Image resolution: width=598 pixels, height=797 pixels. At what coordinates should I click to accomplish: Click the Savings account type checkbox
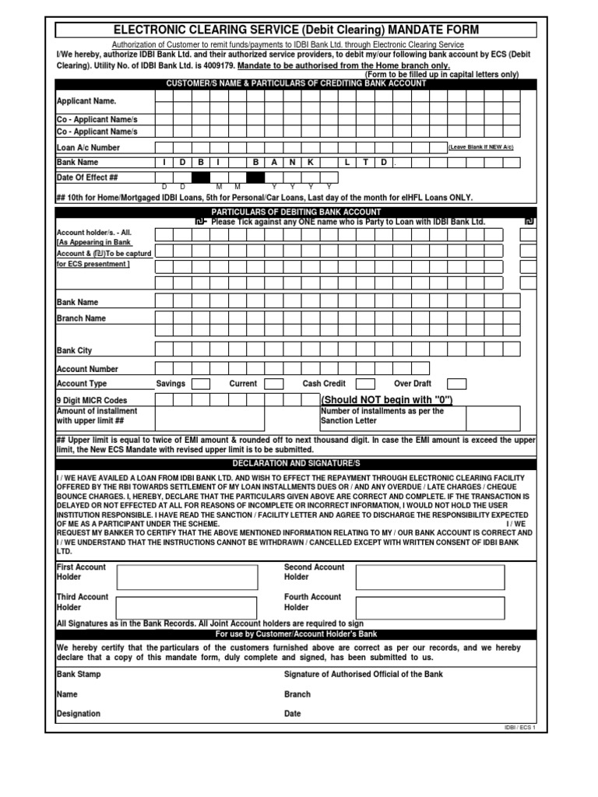201,384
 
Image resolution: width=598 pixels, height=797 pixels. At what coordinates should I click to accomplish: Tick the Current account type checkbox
274,384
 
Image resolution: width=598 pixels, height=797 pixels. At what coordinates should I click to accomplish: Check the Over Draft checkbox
457,384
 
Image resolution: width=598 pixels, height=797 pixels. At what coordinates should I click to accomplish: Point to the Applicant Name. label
86,101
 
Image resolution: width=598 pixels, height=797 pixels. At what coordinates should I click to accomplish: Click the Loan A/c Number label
88,147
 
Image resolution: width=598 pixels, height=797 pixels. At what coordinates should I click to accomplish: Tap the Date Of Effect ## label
86,177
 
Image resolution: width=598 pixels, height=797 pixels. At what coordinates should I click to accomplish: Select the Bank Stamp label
79,674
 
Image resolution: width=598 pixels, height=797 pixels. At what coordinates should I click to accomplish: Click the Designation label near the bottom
79,714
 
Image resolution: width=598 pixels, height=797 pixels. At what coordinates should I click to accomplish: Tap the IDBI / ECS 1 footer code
521,727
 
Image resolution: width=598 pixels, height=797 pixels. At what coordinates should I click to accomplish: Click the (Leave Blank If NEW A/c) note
480,147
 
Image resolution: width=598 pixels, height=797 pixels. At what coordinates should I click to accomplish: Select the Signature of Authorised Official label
364,674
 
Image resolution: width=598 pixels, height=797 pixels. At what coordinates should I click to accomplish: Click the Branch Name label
81,318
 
